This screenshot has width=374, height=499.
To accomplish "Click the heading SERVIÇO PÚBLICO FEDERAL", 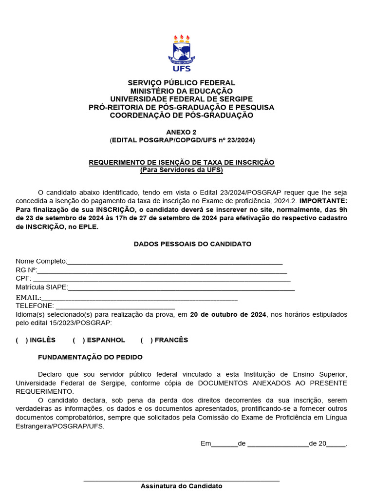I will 181,83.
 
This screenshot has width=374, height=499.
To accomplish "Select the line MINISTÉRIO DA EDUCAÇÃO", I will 181,91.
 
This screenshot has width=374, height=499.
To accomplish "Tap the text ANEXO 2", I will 181,132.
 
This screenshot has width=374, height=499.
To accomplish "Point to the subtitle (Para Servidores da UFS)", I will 181,170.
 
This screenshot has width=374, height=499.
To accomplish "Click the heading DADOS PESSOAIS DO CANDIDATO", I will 192,244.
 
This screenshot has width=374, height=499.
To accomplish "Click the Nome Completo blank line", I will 175,264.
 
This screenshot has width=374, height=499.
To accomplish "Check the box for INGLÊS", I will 22,340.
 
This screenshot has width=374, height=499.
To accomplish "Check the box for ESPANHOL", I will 79,340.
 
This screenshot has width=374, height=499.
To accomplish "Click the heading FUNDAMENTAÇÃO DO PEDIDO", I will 90,357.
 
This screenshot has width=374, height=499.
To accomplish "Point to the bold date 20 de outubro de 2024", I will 228,314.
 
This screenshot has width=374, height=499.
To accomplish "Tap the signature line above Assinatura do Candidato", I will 181,481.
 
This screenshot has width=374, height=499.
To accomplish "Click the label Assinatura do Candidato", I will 181,486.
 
